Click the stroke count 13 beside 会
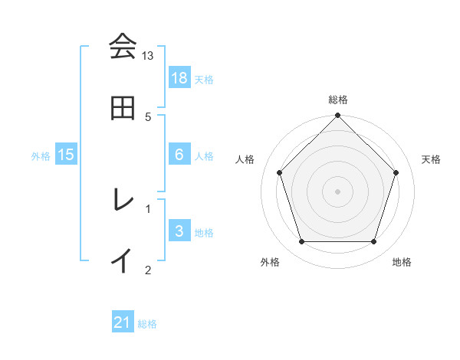[x=148, y=56]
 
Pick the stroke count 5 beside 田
[x=148, y=116]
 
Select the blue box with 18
[x=179, y=78]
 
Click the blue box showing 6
[x=179, y=155]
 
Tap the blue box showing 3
[x=179, y=231]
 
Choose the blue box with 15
[x=66, y=155]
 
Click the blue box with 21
[x=123, y=322]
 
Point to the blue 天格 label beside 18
[x=204, y=79]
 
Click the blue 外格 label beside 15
[x=41, y=155]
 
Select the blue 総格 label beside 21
[x=147, y=323]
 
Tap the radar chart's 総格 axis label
[x=338, y=100]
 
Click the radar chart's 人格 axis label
[x=245, y=159]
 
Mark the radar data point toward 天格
[x=396, y=172]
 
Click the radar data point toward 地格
[x=374, y=242]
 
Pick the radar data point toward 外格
[x=301, y=242]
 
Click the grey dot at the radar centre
[x=337, y=191]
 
